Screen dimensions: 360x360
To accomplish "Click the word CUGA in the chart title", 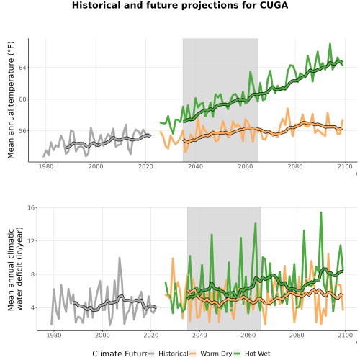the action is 274,5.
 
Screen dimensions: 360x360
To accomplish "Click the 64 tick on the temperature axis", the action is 22,68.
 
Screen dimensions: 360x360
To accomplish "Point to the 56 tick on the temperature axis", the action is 22,131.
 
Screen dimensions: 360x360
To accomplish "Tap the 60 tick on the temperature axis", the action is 22,99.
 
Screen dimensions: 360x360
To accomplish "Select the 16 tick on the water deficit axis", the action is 32,207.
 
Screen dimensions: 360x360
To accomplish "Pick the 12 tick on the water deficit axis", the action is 32,240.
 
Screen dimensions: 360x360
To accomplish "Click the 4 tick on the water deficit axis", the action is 33,307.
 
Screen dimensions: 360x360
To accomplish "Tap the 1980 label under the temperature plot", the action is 46,166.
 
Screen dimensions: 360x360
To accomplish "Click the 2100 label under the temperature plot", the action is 345,166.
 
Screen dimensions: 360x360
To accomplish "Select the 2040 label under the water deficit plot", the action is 199,335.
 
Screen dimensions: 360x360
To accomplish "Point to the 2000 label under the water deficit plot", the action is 102,335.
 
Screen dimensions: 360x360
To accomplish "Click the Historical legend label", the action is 174,354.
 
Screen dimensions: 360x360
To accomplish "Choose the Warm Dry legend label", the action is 216,354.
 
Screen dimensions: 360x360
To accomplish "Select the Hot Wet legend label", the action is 258,354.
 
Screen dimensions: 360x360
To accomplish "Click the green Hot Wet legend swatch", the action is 237,354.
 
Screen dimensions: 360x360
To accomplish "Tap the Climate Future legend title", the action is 120,354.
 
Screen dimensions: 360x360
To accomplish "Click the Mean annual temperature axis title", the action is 11,100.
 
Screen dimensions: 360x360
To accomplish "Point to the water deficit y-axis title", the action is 15,269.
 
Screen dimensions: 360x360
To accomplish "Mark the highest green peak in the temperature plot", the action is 330,44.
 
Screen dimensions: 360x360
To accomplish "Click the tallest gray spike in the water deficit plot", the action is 120,258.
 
